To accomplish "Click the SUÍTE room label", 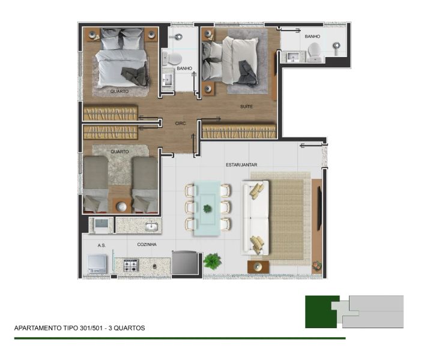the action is pyautogui.click(x=246, y=107).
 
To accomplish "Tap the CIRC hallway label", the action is pyautogui.click(x=180, y=124).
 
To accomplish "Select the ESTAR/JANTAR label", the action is pyautogui.click(x=241, y=165).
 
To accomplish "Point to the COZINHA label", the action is pyautogui.click(x=147, y=244).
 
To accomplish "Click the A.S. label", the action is pyautogui.click(x=101, y=245).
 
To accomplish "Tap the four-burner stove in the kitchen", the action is pyautogui.click(x=131, y=265).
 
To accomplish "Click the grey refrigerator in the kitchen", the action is pyautogui.click(x=185, y=262).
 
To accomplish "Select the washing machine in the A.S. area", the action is pyautogui.click(x=97, y=264).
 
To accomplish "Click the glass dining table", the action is pyautogui.click(x=207, y=208).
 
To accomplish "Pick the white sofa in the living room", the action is pyautogui.click(x=255, y=218).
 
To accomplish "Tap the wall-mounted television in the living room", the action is pyautogui.click(x=320, y=208).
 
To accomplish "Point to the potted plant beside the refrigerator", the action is pyautogui.click(x=213, y=261).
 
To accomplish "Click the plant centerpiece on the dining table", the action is pyautogui.click(x=207, y=208).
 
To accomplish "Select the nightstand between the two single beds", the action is pyautogui.click(x=121, y=206).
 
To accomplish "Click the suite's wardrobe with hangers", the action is pyautogui.click(x=239, y=131).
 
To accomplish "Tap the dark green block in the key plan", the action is pyautogui.click(x=321, y=312).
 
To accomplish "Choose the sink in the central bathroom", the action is pyautogui.click(x=168, y=79).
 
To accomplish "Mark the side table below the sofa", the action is pyautogui.click(x=258, y=267).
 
